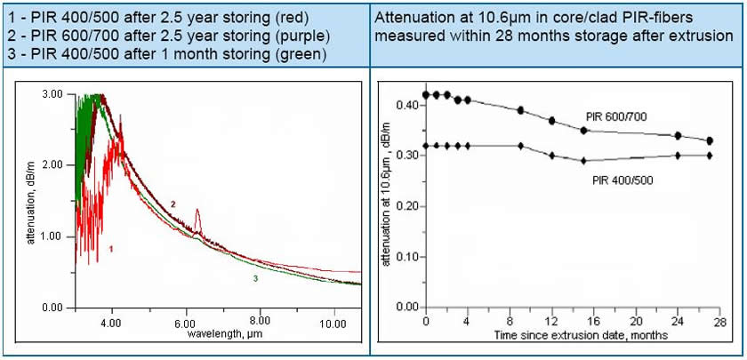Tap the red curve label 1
click(x=110, y=248)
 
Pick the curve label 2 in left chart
click(x=173, y=204)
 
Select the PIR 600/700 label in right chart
click(x=615, y=116)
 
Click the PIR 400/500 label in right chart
click(x=622, y=179)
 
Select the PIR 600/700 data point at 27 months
click(x=710, y=140)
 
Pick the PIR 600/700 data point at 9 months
click(x=520, y=110)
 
